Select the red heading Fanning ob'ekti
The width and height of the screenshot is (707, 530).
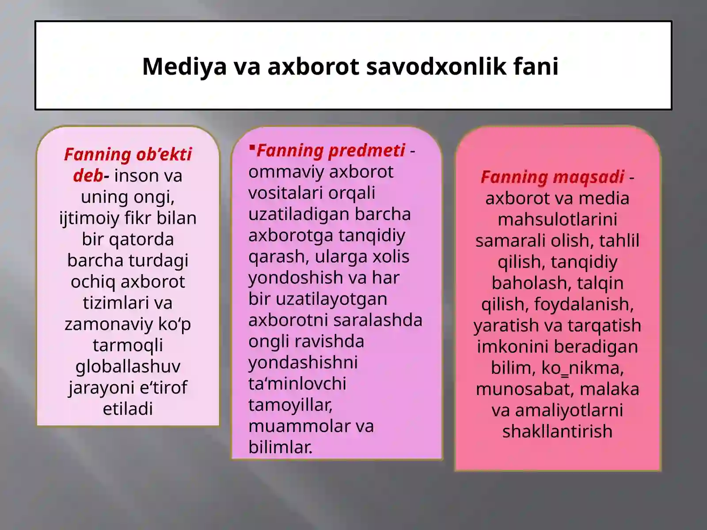(128, 155)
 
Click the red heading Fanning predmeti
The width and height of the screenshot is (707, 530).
(331, 151)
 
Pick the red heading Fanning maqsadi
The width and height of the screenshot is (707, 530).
(552, 177)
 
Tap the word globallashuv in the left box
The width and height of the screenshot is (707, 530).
(128, 367)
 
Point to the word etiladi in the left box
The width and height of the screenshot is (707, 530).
(128, 409)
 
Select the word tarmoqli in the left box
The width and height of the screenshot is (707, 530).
(128, 345)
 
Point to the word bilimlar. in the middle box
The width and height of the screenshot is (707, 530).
(280, 447)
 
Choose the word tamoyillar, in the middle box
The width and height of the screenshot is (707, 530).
(290, 405)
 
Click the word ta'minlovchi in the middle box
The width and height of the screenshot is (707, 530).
(297, 384)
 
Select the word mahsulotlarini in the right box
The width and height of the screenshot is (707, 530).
(557, 220)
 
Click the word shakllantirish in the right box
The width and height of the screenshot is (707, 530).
(557, 432)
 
